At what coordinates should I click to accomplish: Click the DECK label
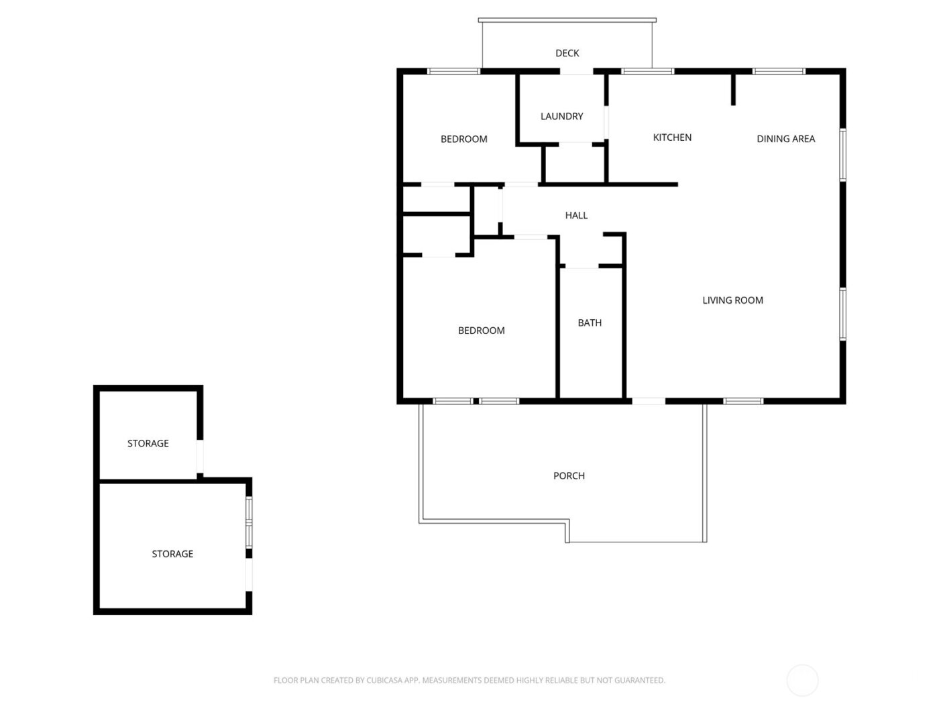click(567, 53)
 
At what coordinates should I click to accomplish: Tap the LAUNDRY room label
click(561, 116)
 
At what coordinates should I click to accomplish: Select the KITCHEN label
click(672, 137)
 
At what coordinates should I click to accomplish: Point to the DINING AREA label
click(785, 139)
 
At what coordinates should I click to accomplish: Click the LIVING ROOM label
click(732, 300)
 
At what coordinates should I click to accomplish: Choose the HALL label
click(576, 215)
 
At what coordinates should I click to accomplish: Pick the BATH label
click(590, 322)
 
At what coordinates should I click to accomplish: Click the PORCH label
click(569, 476)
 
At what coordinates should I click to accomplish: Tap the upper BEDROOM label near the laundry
click(463, 139)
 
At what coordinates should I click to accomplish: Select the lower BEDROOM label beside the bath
click(481, 331)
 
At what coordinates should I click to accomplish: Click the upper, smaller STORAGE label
click(148, 443)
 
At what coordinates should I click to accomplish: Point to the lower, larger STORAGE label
click(172, 554)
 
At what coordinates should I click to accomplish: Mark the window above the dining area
click(778, 71)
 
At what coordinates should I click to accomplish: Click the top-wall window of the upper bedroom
click(454, 71)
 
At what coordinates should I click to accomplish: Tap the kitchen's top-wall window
click(647, 71)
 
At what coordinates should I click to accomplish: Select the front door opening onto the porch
click(649, 401)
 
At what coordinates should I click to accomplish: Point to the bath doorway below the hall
click(582, 266)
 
